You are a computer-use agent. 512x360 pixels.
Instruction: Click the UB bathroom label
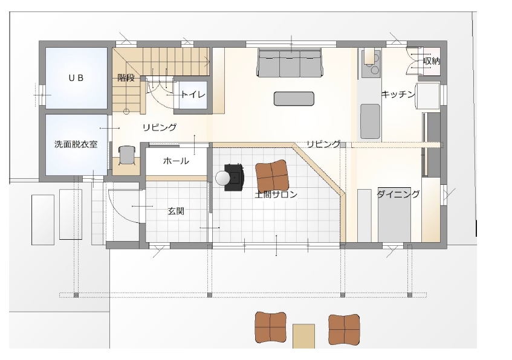(x=76, y=78)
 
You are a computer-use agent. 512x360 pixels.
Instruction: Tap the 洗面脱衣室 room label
(x=76, y=144)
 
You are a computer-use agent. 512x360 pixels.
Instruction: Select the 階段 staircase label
(x=126, y=78)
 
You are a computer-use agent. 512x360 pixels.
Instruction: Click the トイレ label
(x=193, y=95)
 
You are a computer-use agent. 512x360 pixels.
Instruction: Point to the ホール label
(x=176, y=161)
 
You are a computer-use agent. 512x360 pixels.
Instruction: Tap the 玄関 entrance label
(x=176, y=211)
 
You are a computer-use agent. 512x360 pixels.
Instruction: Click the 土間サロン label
(x=276, y=194)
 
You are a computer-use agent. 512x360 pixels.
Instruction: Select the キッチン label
(x=398, y=94)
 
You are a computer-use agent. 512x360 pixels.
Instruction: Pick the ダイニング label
(x=398, y=194)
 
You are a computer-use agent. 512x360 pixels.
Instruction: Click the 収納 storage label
(x=432, y=61)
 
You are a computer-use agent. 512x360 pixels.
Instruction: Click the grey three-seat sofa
(x=290, y=63)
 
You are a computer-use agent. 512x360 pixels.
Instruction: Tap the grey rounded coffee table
(x=294, y=98)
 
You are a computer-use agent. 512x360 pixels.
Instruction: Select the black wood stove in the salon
(x=235, y=177)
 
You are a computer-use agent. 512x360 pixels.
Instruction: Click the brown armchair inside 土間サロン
(x=272, y=175)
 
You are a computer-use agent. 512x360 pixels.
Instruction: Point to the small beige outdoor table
(x=303, y=336)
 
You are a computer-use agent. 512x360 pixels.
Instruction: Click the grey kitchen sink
(x=370, y=121)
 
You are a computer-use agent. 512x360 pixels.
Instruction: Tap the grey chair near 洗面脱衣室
(x=127, y=155)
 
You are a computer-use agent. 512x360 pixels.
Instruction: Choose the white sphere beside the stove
(x=223, y=178)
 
